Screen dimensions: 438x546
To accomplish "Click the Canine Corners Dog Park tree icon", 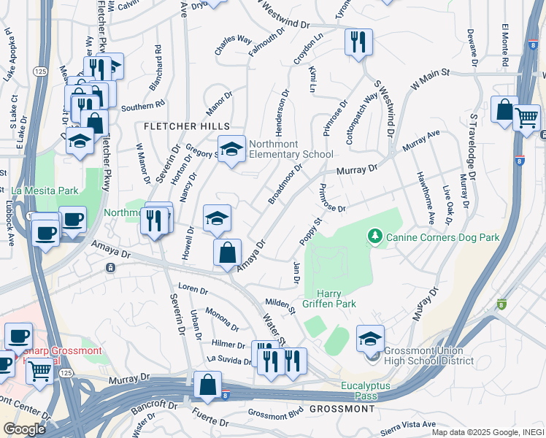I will [375, 236].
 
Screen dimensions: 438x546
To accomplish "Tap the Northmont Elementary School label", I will [291, 148].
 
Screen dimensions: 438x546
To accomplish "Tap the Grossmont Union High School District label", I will [428, 356].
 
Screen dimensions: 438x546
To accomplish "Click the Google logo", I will [23, 429].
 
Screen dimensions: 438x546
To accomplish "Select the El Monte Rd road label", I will [504, 47].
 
